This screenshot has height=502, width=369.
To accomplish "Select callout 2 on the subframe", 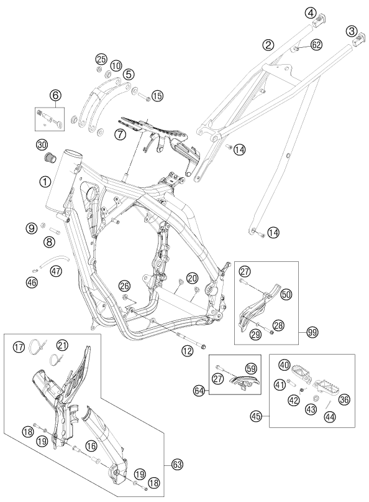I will (x=268, y=45).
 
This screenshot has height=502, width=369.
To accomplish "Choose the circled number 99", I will (x=313, y=334).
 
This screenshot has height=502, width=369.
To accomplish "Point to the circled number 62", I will (x=316, y=45).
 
